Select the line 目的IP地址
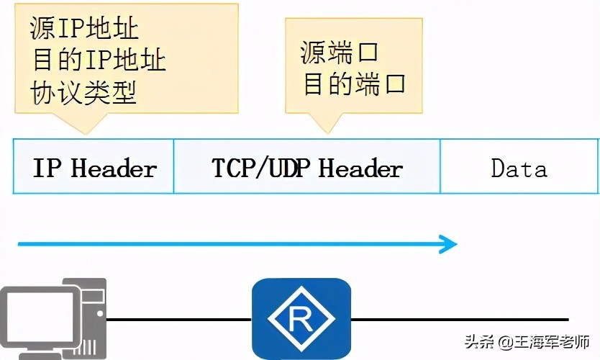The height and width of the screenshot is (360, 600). pos(99,60)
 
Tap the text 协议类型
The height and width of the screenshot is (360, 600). pos(84,92)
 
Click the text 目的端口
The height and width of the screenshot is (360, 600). pos(354,84)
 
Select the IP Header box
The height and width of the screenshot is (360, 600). pos(94,168)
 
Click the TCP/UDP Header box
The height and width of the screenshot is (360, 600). pos(307,168)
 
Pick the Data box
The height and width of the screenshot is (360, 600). pos(519,168)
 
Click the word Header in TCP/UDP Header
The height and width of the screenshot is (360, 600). pos(360,169)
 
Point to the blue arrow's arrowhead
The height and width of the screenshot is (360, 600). pos(450,244)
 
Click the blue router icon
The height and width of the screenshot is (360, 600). pos(301,318)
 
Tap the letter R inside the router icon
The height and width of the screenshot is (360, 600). pos(301,320)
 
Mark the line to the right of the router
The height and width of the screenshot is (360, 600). pos(460,318)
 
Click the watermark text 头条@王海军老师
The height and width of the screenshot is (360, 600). pos(527,341)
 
